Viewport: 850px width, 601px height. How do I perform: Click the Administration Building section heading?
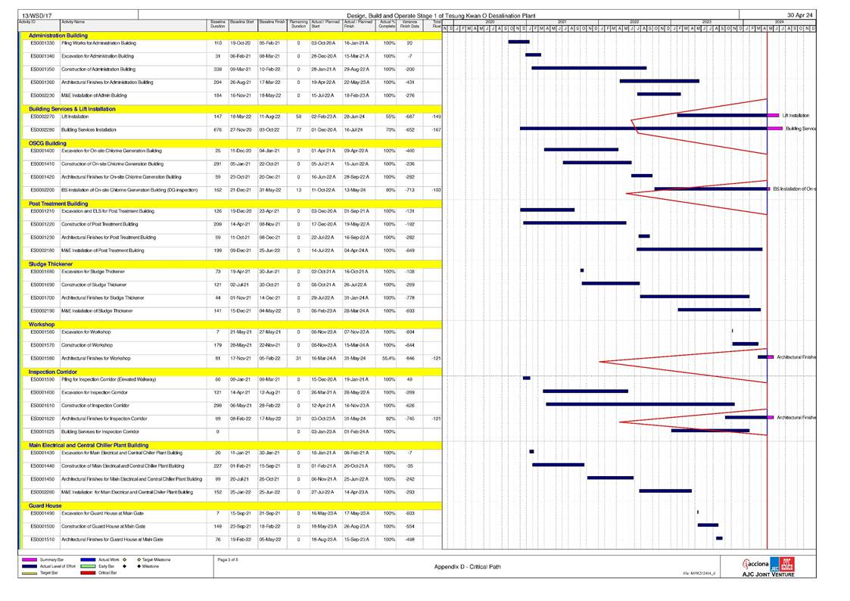click(x=58, y=36)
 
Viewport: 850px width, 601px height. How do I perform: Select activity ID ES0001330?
click(x=42, y=43)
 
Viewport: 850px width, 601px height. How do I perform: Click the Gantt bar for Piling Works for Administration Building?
click(x=518, y=42)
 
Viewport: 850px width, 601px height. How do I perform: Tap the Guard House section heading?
click(x=45, y=506)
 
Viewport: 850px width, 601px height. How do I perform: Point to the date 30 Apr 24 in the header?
click(x=800, y=15)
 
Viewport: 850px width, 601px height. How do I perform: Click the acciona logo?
click(x=756, y=564)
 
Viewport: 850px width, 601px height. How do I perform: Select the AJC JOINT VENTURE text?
click(x=768, y=575)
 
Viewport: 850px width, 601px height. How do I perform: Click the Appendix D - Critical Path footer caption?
click(x=467, y=566)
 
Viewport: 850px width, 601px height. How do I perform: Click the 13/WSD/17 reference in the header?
click(x=32, y=15)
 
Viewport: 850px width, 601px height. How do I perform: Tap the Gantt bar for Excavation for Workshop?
click(x=732, y=331)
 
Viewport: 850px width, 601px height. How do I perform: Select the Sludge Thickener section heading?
click(x=51, y=263)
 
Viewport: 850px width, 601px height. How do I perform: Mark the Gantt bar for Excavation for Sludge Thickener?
click(x=582, y=270)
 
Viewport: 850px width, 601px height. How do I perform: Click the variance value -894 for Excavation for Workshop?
click(x=410, y=332)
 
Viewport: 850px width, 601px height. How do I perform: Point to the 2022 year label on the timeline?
click(x=634, y=22)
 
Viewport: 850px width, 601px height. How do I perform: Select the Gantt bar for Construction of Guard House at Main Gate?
click(x=708, y=525)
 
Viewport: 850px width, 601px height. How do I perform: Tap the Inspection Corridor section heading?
click(x=53, y=372)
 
